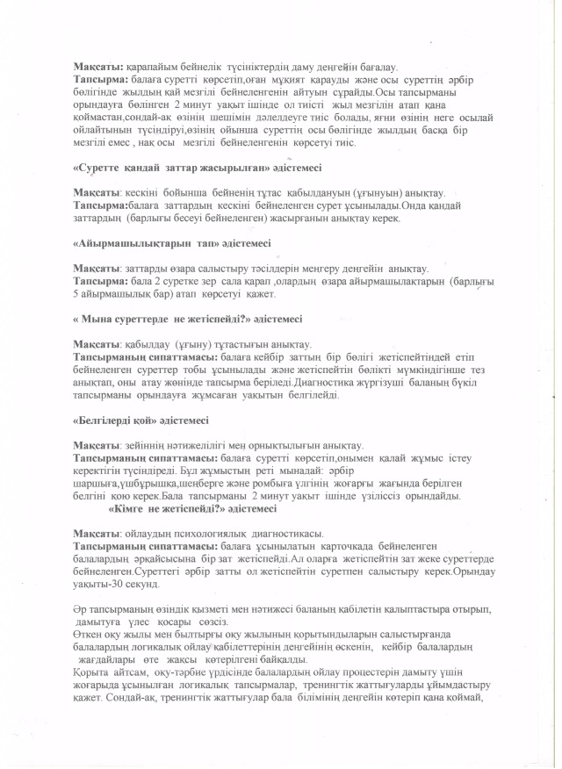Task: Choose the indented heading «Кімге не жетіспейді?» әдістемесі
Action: (x=191, y=508)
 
